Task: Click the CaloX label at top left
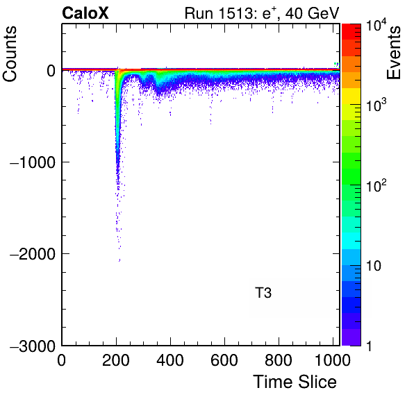click(85, 13)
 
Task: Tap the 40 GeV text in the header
click(312, 13)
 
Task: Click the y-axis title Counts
click(10, 54)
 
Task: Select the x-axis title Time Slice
click(295, 382)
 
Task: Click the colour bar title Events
click(393, 53)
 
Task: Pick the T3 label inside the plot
click(263, 293)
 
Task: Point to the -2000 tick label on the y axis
click(33, 254)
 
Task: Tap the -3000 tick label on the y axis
click(33, 346)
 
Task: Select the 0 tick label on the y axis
click(51, 71)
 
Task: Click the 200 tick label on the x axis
click(116, 360)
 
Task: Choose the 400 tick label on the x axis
click(170, 360)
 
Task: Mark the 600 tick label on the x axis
click(224, 360)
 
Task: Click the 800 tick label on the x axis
click(279, 360)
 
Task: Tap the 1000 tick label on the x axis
click(333, 360)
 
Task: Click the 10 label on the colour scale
click(374, 266)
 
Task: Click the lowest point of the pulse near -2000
click(119, 261)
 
